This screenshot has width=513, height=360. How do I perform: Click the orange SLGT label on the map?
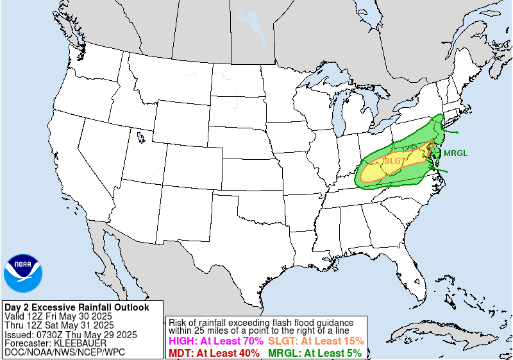pyautogui.click(x=394, y=160)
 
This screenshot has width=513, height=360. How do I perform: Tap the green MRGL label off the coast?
pyautogui.click(x=456, y=153)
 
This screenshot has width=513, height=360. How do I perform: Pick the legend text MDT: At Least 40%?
pyautogui.click(x=214, y=353)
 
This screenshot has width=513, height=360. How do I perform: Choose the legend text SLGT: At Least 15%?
pyautogui.click(x=316, y=341)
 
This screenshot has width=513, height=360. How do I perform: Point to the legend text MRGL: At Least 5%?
pyautogui.click(x=315, y=353)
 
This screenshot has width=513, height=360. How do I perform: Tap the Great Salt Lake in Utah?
pyautogui.click(x=140, y=136)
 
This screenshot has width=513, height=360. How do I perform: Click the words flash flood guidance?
pyautogui.click(x=307, y=322)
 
